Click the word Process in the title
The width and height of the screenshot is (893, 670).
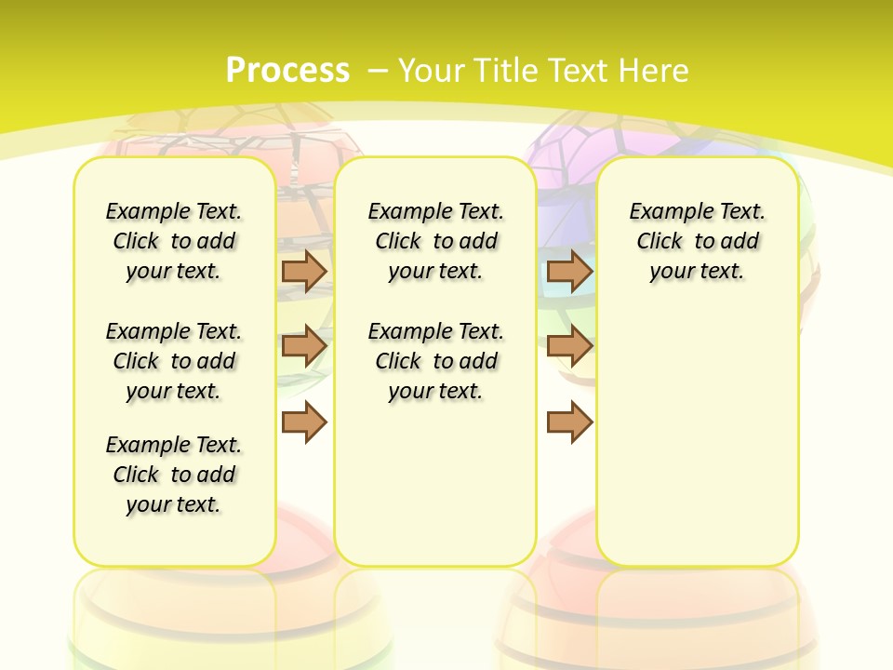point(287,70)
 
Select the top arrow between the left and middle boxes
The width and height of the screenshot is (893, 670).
point(304,271)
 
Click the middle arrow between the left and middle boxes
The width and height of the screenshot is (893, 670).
point(304,346)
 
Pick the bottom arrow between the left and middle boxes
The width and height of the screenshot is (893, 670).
point(304,422)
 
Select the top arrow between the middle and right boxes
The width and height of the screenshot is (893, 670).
point(569,271)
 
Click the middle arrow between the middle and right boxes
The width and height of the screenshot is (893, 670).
point(569,346)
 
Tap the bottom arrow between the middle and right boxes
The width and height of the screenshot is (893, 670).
point(569,422)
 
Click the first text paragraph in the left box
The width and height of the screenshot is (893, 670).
point(174,241)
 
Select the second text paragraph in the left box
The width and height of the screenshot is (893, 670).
point(174,361)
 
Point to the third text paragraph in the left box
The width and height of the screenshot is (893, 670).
point(174,475)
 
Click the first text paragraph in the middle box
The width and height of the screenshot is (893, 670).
point(436,241)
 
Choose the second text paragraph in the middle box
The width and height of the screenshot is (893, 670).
point(436,361)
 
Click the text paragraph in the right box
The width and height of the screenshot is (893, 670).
point(698,241)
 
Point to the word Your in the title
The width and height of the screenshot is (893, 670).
point(432,71)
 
